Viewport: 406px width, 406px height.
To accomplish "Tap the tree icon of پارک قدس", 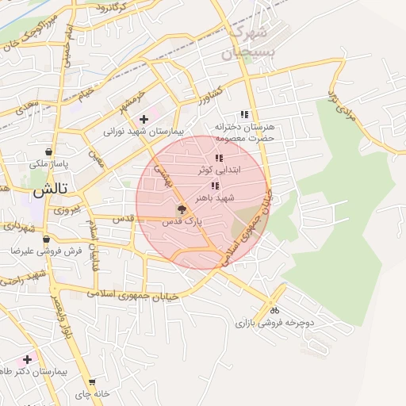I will pos(182,210).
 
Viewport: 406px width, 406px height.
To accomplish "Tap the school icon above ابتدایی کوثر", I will pos(219,159).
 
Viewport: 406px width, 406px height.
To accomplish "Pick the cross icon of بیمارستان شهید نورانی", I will pos(143,118).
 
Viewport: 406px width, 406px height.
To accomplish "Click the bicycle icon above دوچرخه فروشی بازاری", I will pos(274,310).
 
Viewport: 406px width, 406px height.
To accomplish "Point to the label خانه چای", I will pos(91,394).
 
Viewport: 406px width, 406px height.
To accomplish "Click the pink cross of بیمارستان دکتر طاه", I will pos(28,359).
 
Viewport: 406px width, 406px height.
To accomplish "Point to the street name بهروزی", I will pos(68,212).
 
